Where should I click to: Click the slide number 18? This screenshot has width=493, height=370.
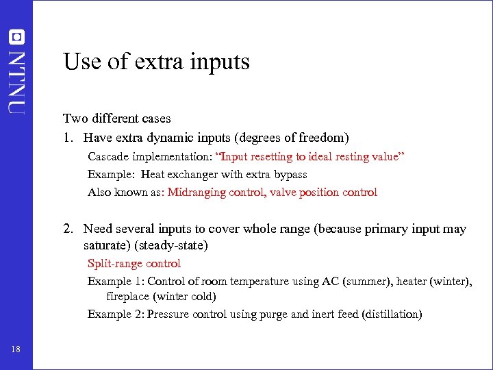point(16,350)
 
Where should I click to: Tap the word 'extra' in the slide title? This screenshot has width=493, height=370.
point(147,62)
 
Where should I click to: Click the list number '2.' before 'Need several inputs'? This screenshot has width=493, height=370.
point(69,229)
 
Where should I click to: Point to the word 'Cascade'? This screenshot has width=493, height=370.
point(108,157)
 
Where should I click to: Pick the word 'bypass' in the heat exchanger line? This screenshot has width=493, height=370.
point(290,175)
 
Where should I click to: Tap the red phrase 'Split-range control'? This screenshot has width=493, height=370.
point(134,263)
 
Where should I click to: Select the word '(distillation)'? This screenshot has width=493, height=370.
point(389,314)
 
